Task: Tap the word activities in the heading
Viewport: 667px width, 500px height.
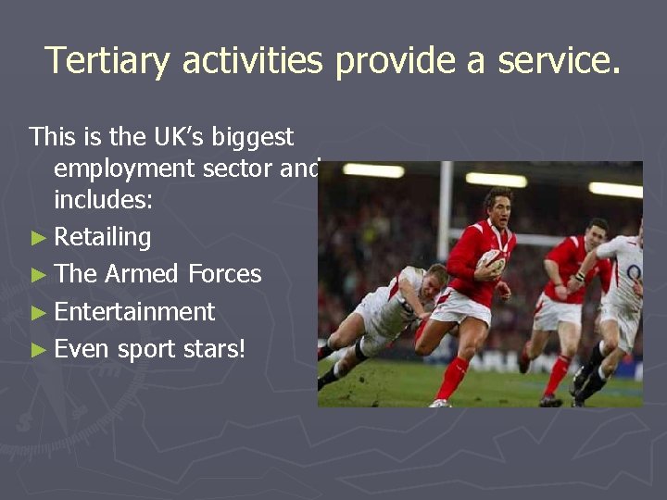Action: click(x=252, y=61)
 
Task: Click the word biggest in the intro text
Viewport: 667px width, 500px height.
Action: click(x=253, y=137)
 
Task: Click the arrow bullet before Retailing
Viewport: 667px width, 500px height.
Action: click(x=37, y=238)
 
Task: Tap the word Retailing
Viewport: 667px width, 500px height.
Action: click(x=102, y=237)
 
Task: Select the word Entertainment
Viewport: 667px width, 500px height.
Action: click(x=134, y=312)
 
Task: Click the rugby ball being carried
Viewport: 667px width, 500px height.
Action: click(x=491, y=264)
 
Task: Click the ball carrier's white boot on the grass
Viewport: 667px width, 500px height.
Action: click(x=440, y=403)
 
